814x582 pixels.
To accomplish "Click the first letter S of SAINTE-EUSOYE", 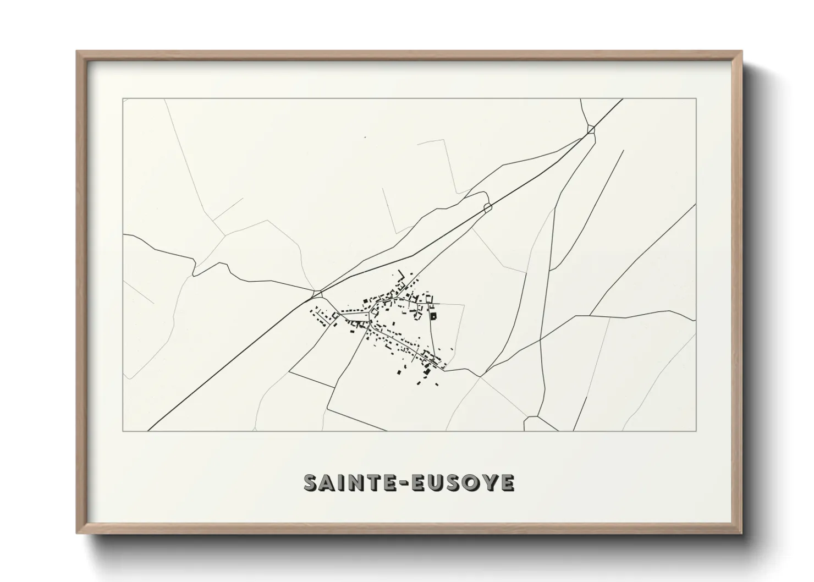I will point(312,483).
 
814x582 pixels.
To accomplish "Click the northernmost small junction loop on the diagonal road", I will point(591,129).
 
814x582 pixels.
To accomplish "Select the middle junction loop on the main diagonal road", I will point(487,207).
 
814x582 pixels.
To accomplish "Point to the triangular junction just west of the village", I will point(317,293).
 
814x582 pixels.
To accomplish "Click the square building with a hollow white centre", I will point(433,316).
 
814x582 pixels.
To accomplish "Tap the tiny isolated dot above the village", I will point(365,137).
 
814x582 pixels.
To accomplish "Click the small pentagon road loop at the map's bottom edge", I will point(532,424).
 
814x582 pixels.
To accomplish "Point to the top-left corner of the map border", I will point(123,99).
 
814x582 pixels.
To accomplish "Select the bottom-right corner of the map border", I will point(696,431).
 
